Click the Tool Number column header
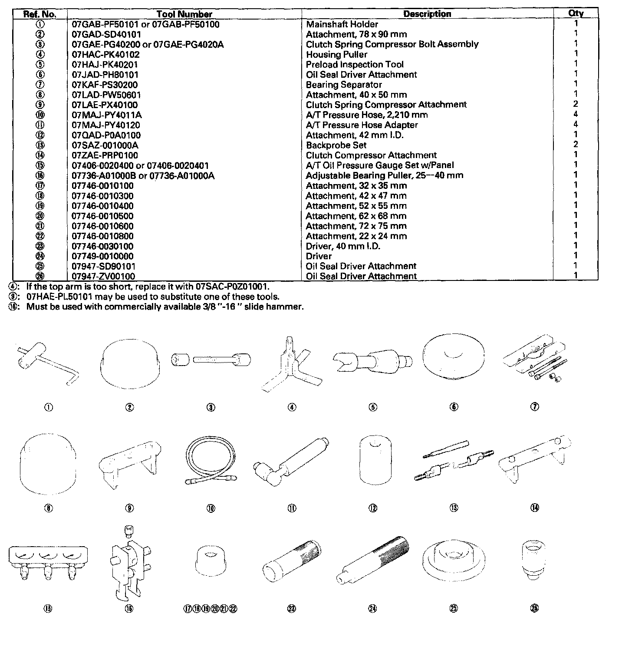point(184,14)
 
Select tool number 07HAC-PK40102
point(105,54)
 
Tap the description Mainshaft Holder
point(342,24)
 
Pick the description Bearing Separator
point(344,85)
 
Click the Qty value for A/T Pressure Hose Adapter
point(576,125)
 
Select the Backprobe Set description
point(336,145)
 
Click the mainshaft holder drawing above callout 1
point(48,363)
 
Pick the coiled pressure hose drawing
point(211,465)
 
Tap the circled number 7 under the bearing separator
point(535,407)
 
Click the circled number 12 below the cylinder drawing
point(373,508)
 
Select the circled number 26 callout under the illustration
point(534,609)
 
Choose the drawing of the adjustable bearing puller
point(129,564)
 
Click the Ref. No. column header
point(39,14)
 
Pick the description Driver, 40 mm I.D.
point(343,246)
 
